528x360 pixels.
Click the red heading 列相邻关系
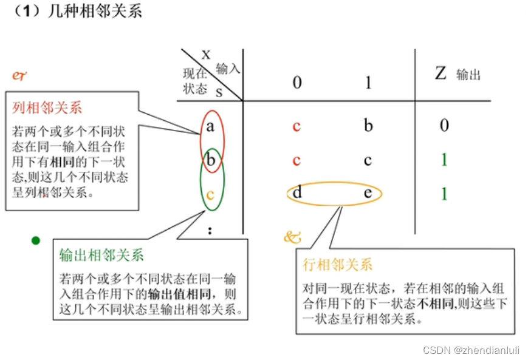47,109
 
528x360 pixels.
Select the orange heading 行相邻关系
337,265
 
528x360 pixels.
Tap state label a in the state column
210,126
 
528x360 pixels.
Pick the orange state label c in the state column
210,195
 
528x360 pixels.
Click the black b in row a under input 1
368,126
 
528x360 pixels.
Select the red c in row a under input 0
297,126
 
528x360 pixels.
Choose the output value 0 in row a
444,126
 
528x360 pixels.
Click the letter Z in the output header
441,74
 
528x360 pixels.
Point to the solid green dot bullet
36,240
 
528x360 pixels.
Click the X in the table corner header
206,55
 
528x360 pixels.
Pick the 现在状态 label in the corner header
195,81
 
